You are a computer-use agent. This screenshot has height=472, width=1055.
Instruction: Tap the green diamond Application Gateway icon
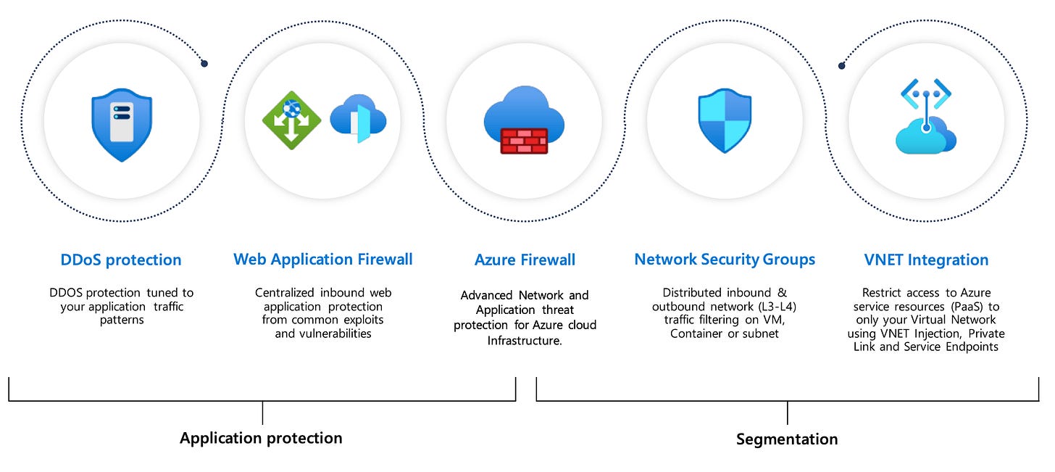[x=291, y=120]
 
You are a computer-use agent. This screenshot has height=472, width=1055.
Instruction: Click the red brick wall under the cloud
[x=524, y=140]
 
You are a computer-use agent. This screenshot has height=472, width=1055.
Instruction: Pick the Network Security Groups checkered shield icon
[x=725, y=120]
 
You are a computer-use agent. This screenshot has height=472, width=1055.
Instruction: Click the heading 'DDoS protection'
[x=121, y=260]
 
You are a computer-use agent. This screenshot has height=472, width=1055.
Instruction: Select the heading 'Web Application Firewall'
[x=323, y=259]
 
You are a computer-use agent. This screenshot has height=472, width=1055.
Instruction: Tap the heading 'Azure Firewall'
[x=525, y=260]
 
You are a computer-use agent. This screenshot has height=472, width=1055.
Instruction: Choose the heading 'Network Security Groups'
[x=725, y=259]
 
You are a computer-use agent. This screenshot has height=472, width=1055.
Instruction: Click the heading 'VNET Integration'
[x=926, y=260]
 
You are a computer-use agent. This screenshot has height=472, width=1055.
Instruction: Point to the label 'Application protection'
[x=261, y=438]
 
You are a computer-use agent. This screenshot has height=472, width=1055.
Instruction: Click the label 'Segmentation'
[x=787, y=439]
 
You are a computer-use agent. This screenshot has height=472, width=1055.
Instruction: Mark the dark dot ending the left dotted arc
[x=204, y=64]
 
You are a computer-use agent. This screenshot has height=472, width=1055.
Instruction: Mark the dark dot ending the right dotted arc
[x=841, y=66]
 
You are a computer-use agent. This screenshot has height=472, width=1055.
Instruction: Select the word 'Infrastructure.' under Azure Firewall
[x=525, y=340]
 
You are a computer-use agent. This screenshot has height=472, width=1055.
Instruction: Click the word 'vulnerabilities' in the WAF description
[x=323, y=334]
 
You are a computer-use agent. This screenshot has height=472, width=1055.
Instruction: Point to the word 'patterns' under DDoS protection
[x=122, y=320]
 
